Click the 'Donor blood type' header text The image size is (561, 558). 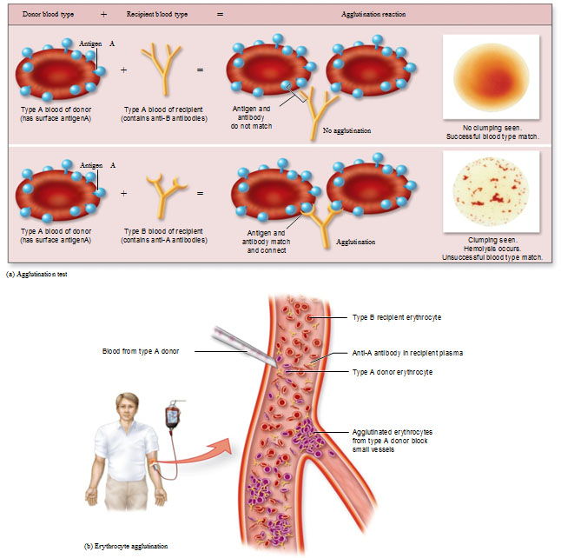click(48, 14)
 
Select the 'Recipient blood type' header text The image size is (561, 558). click(156, 14)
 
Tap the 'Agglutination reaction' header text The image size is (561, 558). click(373, 14)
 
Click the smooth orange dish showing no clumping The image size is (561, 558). click(491, 77)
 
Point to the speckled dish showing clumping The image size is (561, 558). click(491, 191)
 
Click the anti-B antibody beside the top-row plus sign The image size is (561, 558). click(162, 70)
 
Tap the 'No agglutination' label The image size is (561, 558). click(346, 130)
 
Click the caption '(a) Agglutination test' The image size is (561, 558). click(36, 275)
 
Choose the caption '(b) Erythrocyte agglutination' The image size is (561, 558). click(126, 546)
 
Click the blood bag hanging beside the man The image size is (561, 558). click(173, 416)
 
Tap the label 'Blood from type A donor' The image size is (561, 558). click(141, 351)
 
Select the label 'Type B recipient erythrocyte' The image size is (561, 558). click(397, 317)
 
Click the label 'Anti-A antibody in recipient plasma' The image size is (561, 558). click(407, 353)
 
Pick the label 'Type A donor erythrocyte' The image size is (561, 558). click(393, 372)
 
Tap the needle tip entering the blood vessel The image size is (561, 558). click(276, 365)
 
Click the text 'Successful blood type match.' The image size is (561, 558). click(492, 136)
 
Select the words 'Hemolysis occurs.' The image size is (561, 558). click(492, 249)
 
